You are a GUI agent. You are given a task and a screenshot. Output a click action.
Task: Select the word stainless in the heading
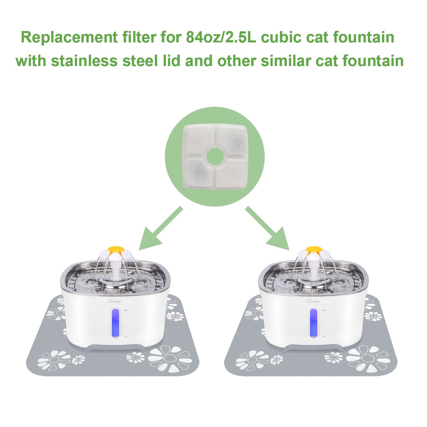click(84, 61)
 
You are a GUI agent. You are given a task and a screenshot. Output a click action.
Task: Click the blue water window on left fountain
click(116, 324)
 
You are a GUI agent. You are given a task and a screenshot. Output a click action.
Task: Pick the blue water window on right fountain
click(314, 324)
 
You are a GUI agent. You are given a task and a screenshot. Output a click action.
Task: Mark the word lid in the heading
click(169, 61)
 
